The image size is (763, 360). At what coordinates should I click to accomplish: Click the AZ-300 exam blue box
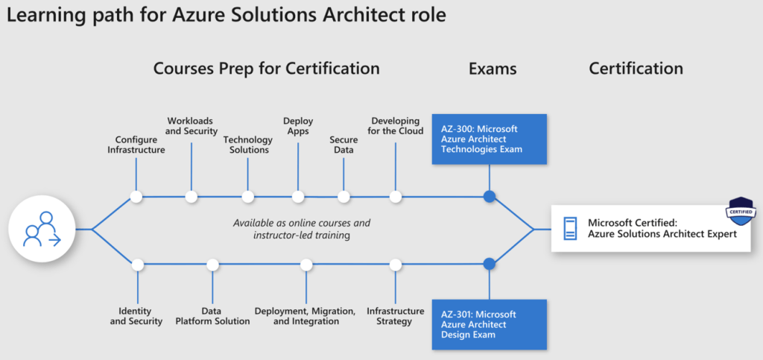[x=489, y=139]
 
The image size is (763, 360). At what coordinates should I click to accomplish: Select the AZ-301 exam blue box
[x=489, y=324]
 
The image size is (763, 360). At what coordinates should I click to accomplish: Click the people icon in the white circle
[x=42, y=229]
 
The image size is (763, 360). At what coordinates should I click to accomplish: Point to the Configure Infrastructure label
[x=136, y=144]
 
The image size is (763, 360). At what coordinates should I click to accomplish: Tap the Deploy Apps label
[x=298, y=125]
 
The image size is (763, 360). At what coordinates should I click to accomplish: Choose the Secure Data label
[x=343, y=144]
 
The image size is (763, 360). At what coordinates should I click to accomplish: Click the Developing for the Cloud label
[x=396, y=125]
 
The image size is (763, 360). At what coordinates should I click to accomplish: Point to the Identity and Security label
[x=136, y=316]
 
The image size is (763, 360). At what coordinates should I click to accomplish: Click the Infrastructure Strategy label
[x=395, y=316]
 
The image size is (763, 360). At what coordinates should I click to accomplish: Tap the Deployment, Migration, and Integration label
[x=305, y=316]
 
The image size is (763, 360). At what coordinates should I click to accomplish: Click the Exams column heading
[x=493, y=69]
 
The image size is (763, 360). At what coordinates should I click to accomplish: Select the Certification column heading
[x=636, y=69]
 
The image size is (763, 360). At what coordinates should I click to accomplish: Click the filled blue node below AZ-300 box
[x=489, y=197]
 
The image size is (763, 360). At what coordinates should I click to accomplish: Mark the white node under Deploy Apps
[x=298, y=197]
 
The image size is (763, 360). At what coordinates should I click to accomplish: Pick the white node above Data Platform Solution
[x=213, y=264]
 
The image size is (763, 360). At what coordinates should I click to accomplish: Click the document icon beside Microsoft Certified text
[x=570, y=228]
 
